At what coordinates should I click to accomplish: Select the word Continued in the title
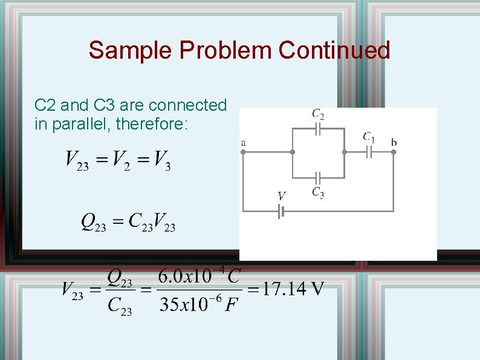pyautogui.click(x=334, y=50)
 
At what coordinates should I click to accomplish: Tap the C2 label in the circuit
pyautogui.click(x=318, y=114)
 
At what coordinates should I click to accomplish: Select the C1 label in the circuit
pyautogui.click(x=369, y=137)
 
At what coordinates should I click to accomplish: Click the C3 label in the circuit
pyautogui.click(x=318, y=192)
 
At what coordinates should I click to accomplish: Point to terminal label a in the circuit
pyautogui.click(x=243, y=142)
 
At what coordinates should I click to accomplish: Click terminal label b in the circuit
pyautogui.click(x=394, y=142)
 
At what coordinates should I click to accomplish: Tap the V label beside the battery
pyautogui.click(x=281, y=196)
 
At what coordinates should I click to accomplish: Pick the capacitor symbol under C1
pyautogui.click(x=369, y=152)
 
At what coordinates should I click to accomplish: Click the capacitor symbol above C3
pyautogui.click(x=318, y=178)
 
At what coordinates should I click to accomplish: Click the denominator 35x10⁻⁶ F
pyautogui.click(x=198, y=304)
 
